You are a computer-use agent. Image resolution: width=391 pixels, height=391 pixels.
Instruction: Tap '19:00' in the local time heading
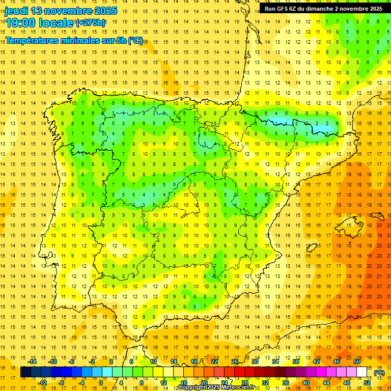pyautogui.click(x=20, y=22)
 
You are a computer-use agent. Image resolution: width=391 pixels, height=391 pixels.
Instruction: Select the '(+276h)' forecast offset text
pyautogui.click(x=91, y=22)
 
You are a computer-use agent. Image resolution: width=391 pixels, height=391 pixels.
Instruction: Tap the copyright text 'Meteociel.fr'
pyautogui.click(x=237, y=387)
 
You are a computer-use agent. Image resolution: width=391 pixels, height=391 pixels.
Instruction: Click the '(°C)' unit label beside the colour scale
pyautogui.click(x=379, y=373)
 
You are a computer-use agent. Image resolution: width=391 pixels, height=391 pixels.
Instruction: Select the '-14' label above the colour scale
pyautogui.click(x=33, y=361)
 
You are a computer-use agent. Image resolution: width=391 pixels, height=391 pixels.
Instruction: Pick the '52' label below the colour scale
pyautogui.click(x=367, y=383)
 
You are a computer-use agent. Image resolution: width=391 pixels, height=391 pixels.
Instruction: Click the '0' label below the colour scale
pyautogui.click(x=100, y=383)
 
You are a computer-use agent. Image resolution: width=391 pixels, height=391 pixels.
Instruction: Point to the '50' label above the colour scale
pyautogui.click(x=357, y=361)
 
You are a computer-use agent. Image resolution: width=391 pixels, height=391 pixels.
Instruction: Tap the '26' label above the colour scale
pyautogui.click(x=235, y=361)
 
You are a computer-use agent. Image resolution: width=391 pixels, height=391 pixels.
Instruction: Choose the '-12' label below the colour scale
pyautogui.click(x=43, y=383)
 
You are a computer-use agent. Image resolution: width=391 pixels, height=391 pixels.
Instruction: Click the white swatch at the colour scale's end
pyautogui.click(x=362, y=372)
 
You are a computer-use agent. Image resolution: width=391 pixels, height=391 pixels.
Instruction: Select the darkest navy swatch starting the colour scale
pyautogui.click(x=25, y=372)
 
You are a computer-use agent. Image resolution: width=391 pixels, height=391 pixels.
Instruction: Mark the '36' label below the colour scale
pyautogui.click(x=286, y=383)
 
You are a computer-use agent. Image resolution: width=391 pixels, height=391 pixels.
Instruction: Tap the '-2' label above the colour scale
pyautogui.click(x=92, y=361)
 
